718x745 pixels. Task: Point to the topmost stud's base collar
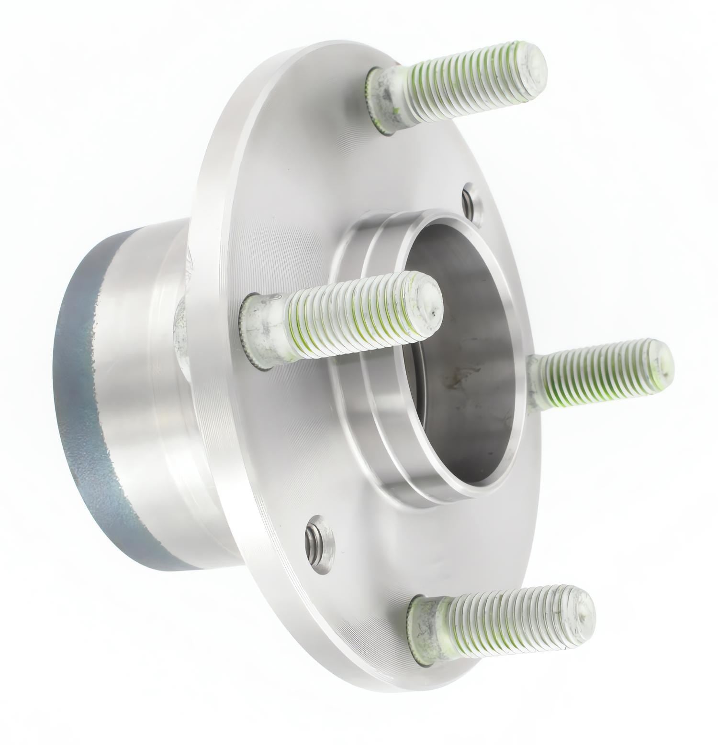[x=381, y=103]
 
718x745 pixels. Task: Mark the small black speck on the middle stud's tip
[x=433, y=314]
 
